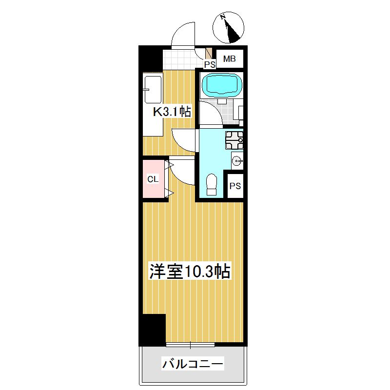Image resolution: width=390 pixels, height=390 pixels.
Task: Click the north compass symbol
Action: click(x=228, y=27)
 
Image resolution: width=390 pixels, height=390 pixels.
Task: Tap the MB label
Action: click(x=229, y=59)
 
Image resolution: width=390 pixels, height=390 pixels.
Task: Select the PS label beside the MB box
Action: click(x=210, y=64)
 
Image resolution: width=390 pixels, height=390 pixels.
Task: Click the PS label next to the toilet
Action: click(x=235, y=186)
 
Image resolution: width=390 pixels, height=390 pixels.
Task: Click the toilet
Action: click(x=212, y=185)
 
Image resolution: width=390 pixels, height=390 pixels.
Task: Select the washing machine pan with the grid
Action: click(x=234, y=140)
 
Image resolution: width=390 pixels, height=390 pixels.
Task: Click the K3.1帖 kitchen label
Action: click(x=172, y=112)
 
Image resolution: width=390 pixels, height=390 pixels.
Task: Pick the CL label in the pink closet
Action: click(x=153, y=179)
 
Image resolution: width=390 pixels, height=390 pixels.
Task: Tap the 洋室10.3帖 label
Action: click(x=190, y=272)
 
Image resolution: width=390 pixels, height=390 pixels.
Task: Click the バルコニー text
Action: click(x=193, y=364)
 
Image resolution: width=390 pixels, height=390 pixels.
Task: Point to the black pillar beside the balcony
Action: click(x=153, y=331)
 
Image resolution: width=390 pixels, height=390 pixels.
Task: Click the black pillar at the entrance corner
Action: click(x=150, y=58)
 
